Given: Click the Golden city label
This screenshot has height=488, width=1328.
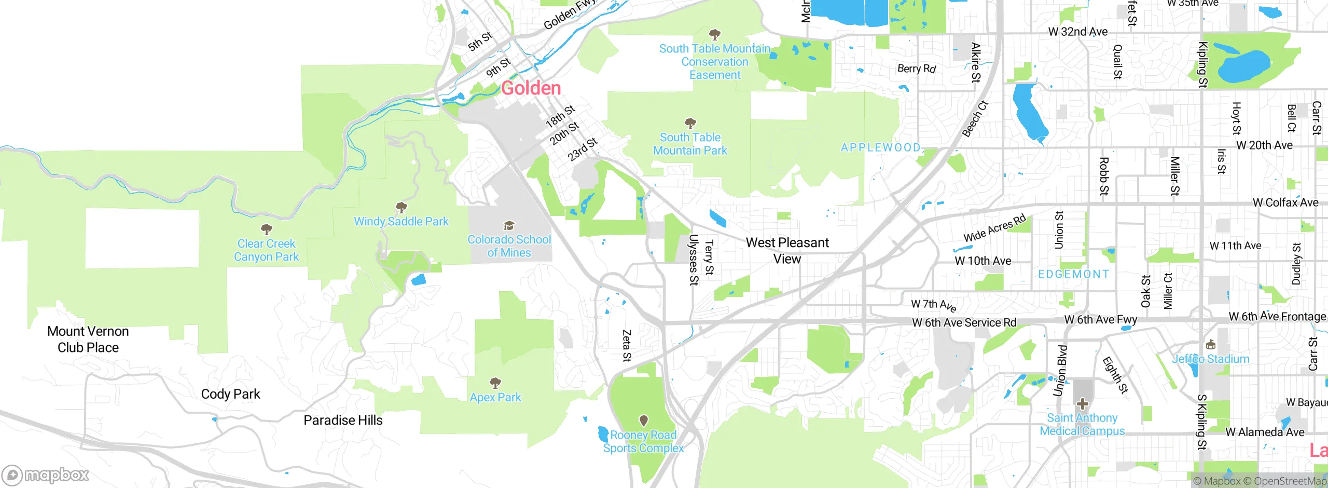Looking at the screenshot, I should click(x=531, y=88).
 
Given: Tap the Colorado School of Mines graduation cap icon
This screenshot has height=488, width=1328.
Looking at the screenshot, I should click(x=509, y=226).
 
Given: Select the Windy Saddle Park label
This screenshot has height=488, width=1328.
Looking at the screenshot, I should click(x=401, y=222).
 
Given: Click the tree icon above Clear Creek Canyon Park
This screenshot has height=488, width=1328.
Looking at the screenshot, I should click(x=267, y=229).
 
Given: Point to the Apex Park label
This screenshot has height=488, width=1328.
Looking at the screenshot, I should click(x=495, y=398).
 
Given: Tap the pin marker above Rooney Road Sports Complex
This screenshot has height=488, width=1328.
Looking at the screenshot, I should click(x=643, y=420).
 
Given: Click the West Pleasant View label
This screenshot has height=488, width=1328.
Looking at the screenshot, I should click(x=787, y=251).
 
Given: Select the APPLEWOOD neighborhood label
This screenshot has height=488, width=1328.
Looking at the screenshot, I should click(x=880, y=147).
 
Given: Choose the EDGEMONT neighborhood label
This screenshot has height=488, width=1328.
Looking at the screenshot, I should click(x=1073, y=274).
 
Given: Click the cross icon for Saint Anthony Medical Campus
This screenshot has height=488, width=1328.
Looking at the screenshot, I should click(x=1082, y=403).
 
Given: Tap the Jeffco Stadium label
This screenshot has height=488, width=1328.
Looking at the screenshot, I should click(x=1211, y=359).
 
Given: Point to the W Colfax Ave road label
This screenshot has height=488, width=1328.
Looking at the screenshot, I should click(x=1285, y=203).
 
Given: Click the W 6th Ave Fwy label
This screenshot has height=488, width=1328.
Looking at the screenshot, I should click(x=1100, y=320).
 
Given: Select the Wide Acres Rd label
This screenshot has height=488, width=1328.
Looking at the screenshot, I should click(x=994, y=228).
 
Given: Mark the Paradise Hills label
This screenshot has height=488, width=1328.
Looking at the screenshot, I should click(x=343, y=421).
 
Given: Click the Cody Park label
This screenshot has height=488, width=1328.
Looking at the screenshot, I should click(x=230, y=395).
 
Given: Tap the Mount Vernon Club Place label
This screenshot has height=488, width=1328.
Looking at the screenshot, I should click(x=88, y=340).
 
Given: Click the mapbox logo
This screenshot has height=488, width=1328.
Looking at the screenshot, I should click(x=46, y=475).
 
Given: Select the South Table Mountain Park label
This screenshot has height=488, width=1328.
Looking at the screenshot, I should click(x=690, y=144).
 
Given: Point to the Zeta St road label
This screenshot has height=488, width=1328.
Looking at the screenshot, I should click(x=627, y=345).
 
